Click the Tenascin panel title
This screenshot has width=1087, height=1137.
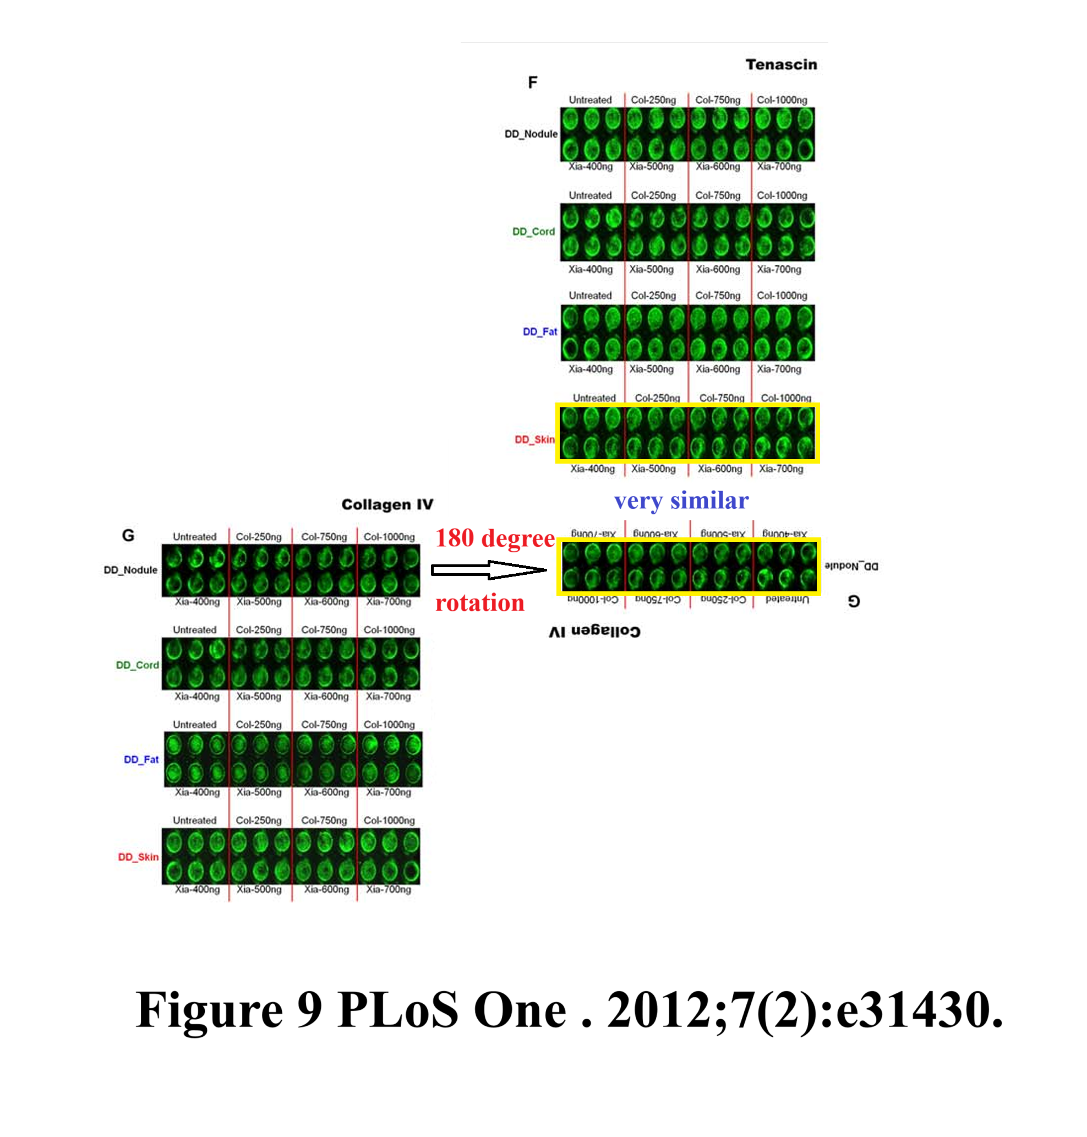780,64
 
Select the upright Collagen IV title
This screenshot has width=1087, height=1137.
387,504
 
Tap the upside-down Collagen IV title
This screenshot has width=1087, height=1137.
594,631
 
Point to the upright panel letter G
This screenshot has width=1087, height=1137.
128,536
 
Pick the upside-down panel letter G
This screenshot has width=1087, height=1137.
854,601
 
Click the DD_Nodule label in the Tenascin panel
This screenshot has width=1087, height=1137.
531,134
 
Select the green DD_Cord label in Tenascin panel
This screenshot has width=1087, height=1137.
533,231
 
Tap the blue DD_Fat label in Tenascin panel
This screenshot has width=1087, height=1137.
539,331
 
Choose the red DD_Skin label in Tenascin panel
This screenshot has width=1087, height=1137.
534,439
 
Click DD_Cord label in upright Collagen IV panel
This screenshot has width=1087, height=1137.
138,665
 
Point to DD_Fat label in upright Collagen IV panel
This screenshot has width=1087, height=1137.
141,759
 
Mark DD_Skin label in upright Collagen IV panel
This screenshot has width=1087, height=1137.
138,857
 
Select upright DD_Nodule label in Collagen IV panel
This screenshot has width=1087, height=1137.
130,570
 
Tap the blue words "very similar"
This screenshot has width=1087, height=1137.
681,500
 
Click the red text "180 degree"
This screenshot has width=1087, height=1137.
495,538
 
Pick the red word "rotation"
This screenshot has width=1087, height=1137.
480,603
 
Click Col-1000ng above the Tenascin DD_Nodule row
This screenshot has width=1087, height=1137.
782,100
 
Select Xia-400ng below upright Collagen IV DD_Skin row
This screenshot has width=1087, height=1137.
197,889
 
